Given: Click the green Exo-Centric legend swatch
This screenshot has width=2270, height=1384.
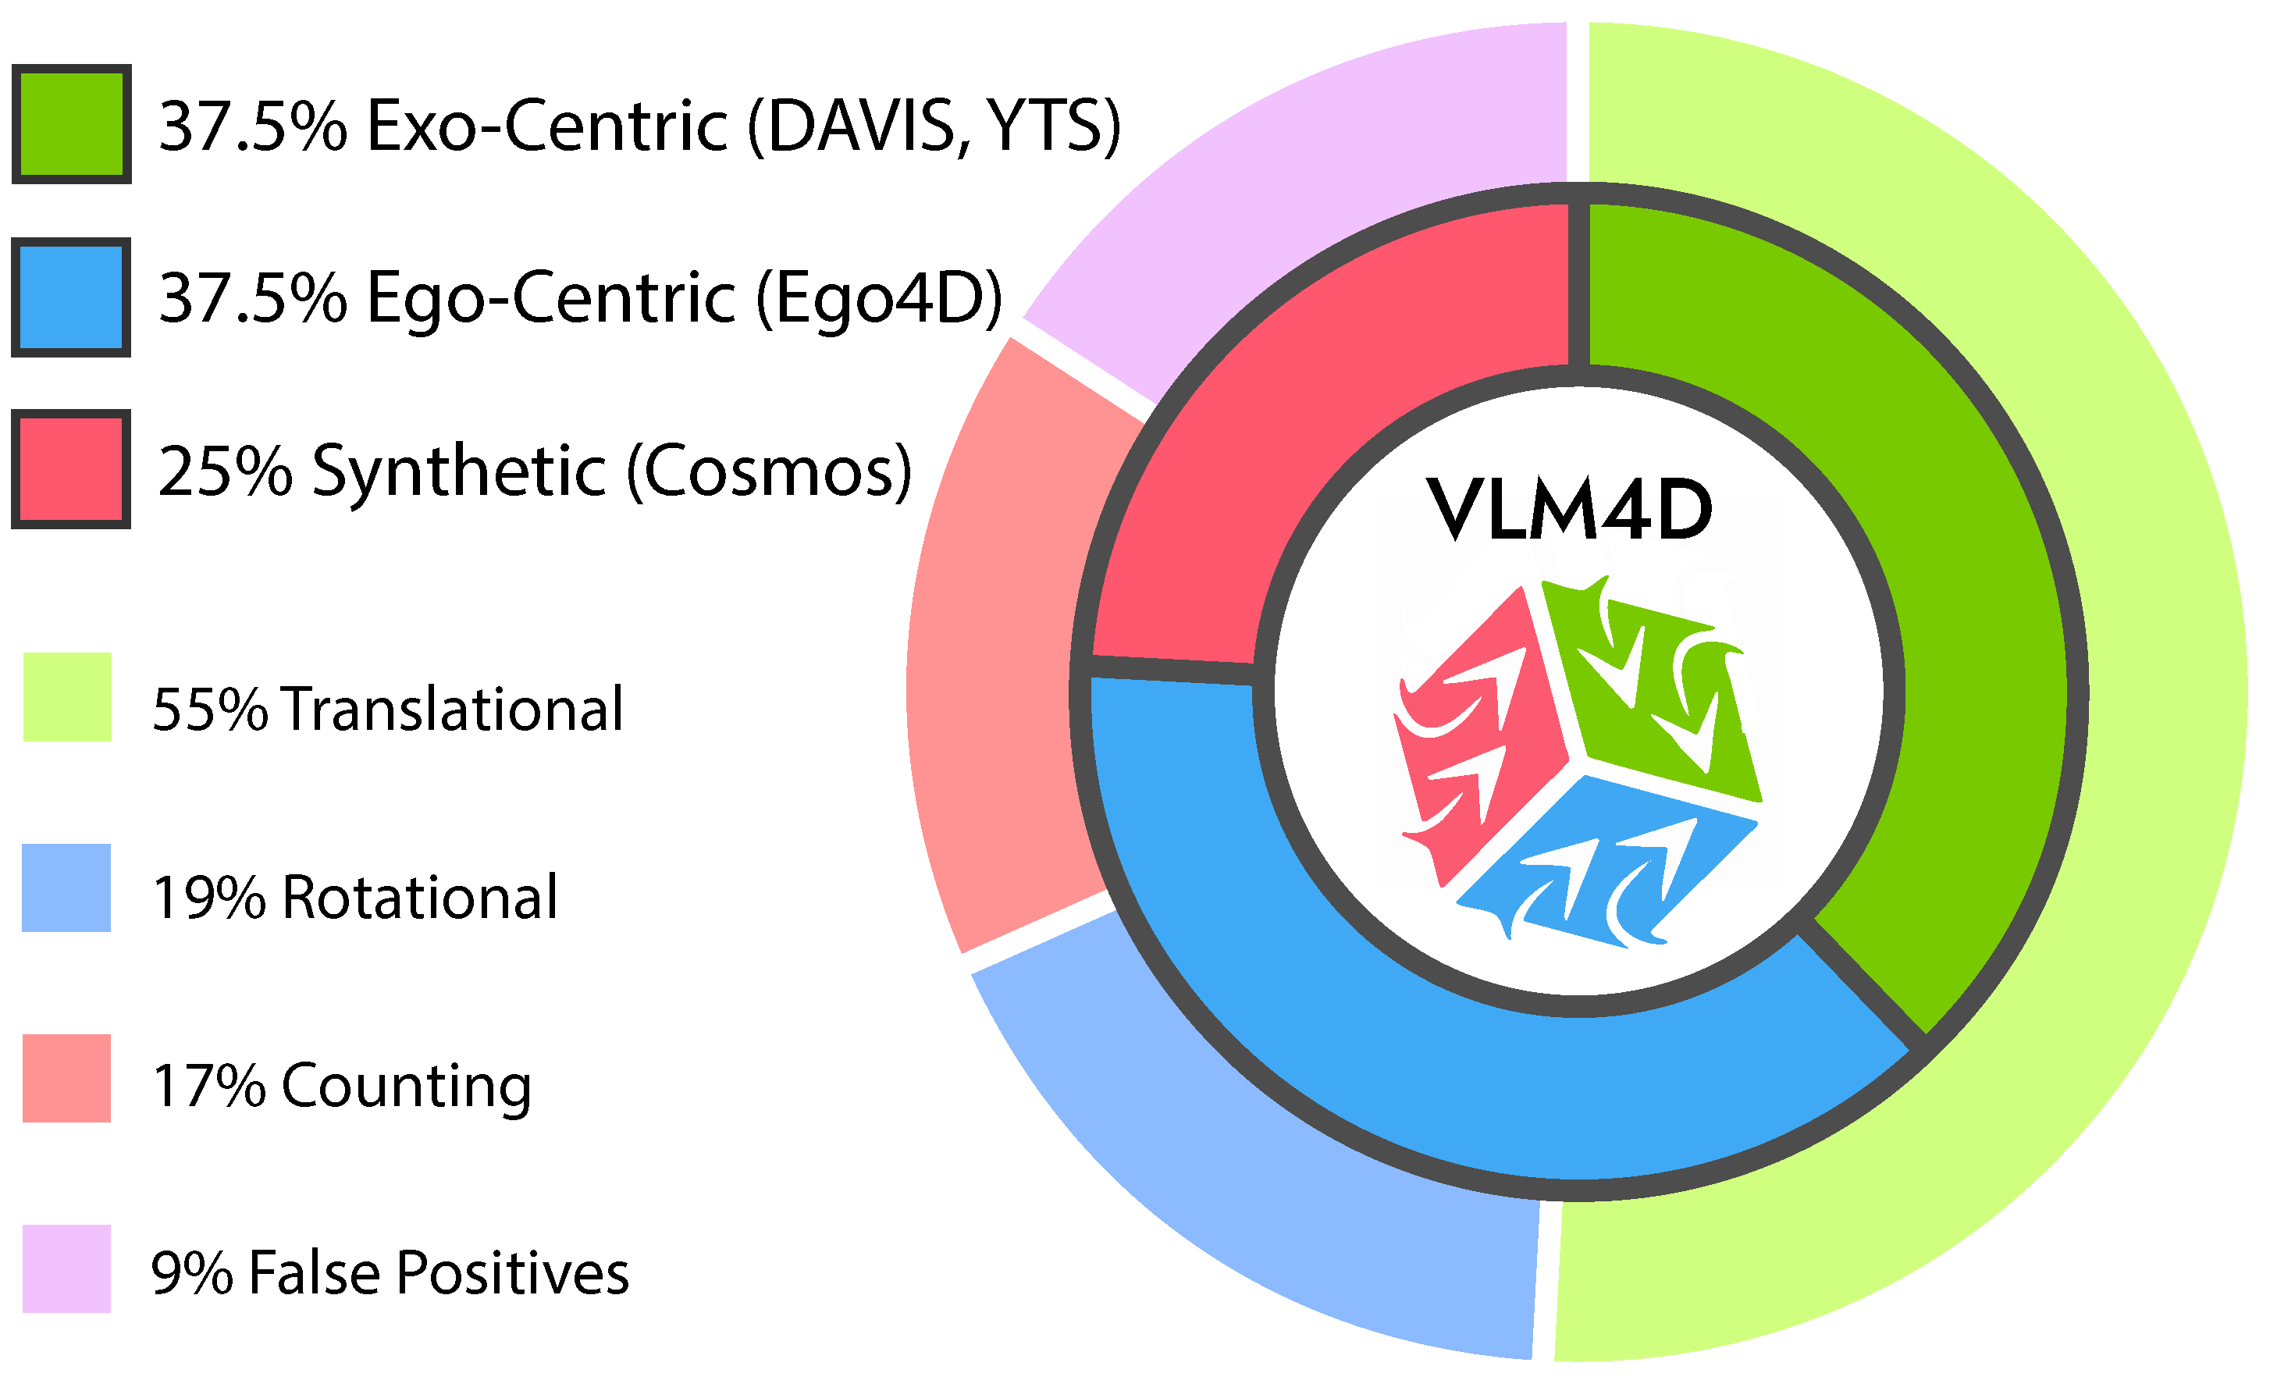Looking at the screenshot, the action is (71, 123).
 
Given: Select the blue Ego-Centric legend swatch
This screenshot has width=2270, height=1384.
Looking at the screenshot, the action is (71, 297).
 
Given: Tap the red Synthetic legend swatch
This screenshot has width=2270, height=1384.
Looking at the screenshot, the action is (71, 469).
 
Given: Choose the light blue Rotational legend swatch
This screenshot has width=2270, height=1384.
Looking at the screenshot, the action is (66, 888).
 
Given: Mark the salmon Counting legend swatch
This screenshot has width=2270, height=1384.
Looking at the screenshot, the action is (66, 1078).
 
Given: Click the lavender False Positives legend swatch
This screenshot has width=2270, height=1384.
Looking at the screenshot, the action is (66, 1268).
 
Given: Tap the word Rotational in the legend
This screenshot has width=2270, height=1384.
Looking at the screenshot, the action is (420, 898).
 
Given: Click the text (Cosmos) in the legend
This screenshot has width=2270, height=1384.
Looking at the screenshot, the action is (769, 471).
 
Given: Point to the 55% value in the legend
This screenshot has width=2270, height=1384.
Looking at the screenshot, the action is (209, 710).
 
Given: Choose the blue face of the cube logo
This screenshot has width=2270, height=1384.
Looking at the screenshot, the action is (1607, 862).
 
